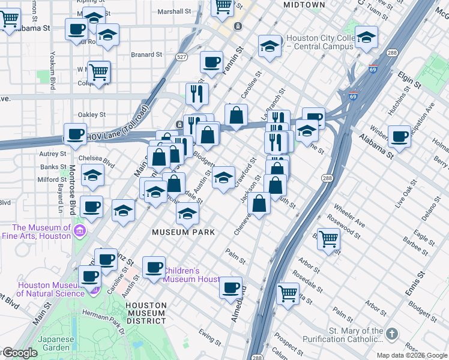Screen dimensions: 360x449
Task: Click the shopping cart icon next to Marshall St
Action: click(223, 6)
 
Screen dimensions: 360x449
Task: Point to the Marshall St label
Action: click(174, 11)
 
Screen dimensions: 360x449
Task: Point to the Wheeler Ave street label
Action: click(349, 219)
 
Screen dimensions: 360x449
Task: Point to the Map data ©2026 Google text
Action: click(411, 355)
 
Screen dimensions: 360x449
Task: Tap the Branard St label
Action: click(146, 54)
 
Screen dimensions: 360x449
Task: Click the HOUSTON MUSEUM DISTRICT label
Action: click(145, 313)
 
